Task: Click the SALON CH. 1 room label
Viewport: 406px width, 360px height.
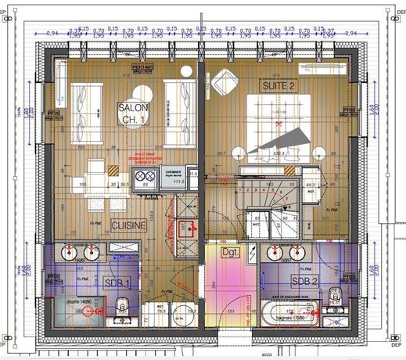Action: (135, 113)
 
